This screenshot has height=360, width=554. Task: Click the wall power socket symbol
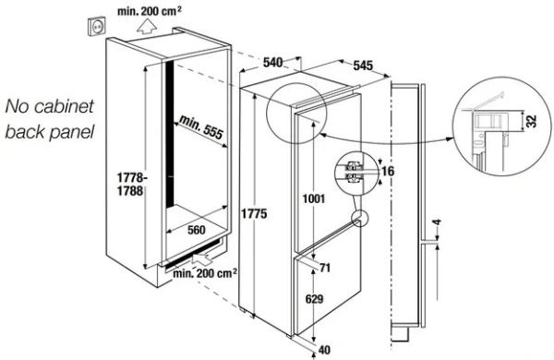96,26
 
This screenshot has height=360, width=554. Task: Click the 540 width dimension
272,63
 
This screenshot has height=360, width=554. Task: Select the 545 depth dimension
363,66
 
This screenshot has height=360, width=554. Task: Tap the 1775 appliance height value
254,214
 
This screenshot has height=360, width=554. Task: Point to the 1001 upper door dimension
313,198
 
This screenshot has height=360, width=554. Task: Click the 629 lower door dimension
314,299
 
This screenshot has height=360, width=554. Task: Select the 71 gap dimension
325,268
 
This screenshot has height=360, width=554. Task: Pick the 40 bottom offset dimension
324,350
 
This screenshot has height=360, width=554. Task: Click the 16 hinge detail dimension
388,172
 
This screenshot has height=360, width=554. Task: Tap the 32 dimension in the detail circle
532,121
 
